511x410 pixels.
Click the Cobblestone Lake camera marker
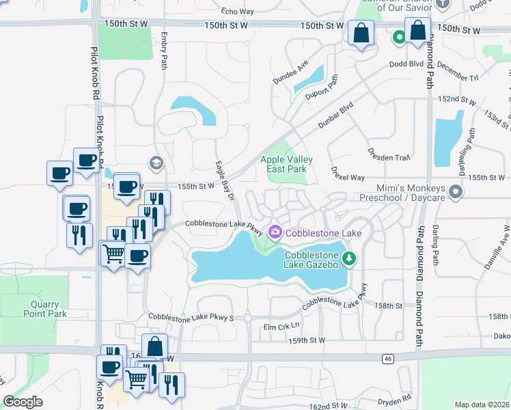point(275,232)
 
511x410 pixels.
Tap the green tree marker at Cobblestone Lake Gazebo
point(349,258)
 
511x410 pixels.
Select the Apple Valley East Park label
point(287,164)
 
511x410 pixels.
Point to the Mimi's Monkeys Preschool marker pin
point(456,193)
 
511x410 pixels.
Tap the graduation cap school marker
point(155,163)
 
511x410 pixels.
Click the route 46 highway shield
point(388,358)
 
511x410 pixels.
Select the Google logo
point(23,402)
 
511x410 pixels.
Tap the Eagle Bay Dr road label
point(225,180)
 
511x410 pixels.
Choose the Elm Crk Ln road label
point(281,327)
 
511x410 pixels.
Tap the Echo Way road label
point(238,12)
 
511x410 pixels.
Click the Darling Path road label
point(434,244)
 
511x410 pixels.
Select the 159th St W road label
point(307,340)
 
